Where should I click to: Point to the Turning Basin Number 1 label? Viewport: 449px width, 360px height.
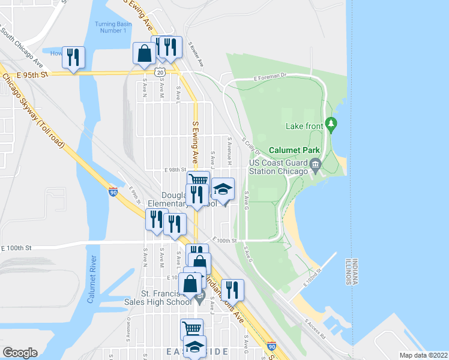pos(110,28)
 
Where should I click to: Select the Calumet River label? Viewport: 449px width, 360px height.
pos(92,280)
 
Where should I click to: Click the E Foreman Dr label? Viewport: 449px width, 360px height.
pos(271,77)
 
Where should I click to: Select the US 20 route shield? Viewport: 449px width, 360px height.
pos(159,72)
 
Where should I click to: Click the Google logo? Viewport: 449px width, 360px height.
pos(20,353)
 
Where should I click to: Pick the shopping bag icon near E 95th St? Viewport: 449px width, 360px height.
pos(145,53)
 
